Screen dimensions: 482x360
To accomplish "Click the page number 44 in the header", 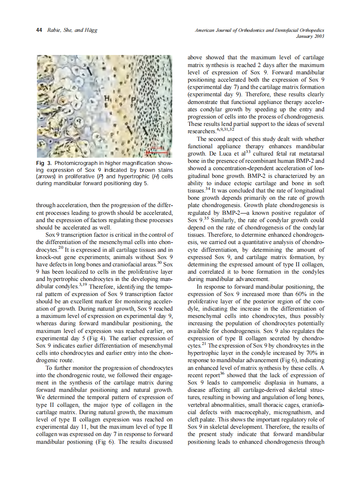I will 39,30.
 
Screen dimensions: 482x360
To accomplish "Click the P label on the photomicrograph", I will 133,103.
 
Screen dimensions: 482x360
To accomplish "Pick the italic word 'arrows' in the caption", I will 46,177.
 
